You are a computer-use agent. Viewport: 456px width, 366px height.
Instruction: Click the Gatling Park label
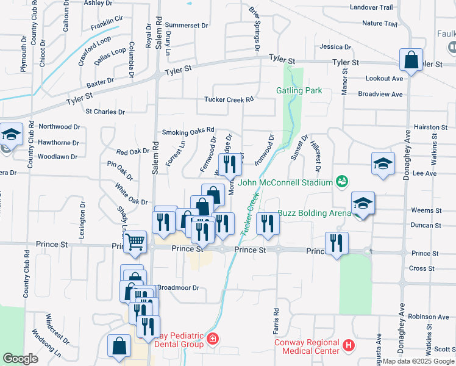click(299, 90)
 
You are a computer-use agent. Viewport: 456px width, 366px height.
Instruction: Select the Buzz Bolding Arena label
click(314, 213)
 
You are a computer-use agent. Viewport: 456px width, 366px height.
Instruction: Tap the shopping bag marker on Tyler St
click(411, 60)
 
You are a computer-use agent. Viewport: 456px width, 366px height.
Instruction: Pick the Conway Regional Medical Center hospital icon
click(349, 346)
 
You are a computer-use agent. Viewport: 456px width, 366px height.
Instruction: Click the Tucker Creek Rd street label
click(229, 99)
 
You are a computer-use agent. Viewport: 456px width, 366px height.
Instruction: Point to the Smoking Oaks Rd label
click(188, 131)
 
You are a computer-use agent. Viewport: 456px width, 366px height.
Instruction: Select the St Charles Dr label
click(105, 112)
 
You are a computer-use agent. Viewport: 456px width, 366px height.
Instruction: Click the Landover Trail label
click(371, 7)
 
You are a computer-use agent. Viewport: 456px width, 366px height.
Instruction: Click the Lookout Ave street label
click(384, 79)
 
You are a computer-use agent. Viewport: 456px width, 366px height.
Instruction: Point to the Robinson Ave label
click(429, 317)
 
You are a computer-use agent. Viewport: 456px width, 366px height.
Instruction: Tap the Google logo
click(20, 359)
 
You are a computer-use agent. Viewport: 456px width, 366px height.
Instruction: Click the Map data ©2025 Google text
click(418, 361)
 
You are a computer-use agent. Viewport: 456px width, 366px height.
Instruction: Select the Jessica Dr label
click(332, 46)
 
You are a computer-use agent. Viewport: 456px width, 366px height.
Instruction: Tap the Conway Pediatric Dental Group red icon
click(212, 339)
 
